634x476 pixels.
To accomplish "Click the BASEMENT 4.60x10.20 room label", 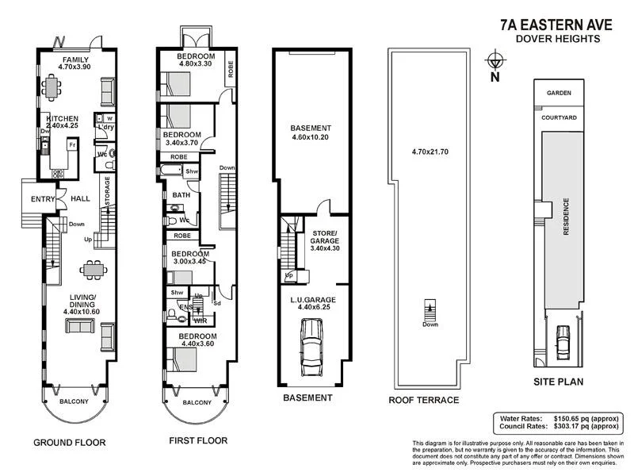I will (x=310, y=132).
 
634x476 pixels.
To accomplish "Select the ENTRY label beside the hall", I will (x=41, y=199).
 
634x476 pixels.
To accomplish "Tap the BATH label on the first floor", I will (x=181, y=194).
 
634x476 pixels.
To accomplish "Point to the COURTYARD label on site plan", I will (x=559, y=117).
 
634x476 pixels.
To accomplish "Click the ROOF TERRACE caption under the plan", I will (x=421, y=400).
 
